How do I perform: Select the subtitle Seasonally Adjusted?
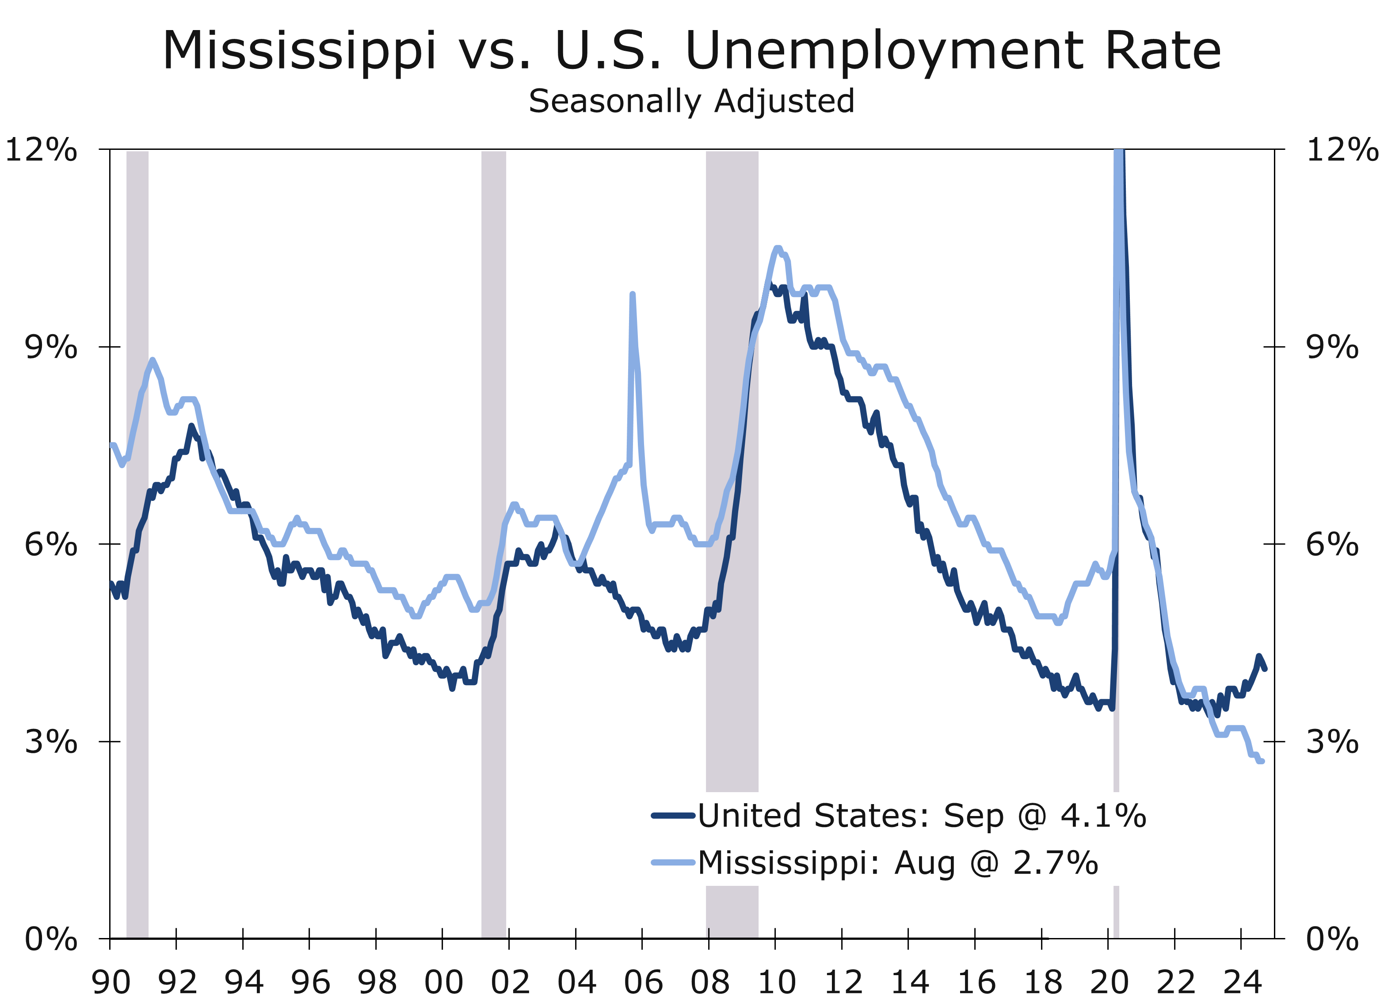coord(691,101)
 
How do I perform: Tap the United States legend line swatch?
coord(673,816)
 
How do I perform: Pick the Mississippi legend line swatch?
coord(673,863)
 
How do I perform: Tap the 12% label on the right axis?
coord(1341,149)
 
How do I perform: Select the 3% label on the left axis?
coord(51,742)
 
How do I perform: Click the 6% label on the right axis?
coord(1332,544)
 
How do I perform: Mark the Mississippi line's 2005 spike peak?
coord(632,295)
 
